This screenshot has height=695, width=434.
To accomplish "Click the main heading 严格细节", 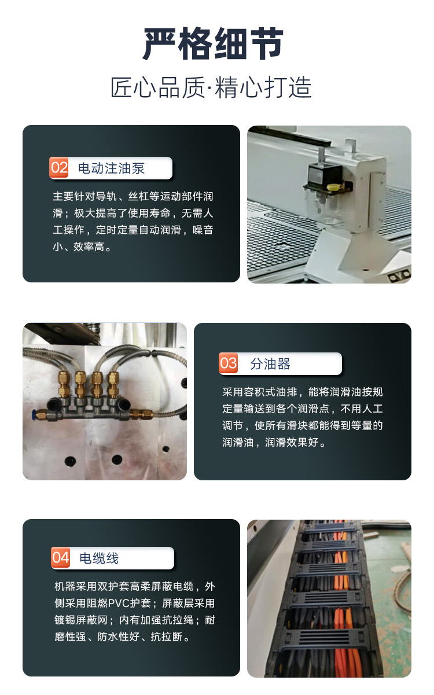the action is (x=213, y=43).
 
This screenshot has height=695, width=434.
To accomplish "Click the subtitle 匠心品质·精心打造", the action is (x=211, y=87).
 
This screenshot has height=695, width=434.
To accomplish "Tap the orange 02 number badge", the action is (x=59, y=168).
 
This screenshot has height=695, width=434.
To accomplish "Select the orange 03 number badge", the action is (x=229, y=363).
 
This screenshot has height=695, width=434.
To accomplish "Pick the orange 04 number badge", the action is (x=61, y=557).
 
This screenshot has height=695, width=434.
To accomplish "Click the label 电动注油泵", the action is (x=111, y=168).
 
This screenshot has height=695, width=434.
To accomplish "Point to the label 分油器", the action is (x=270, y=363).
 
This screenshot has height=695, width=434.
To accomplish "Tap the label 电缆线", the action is (x=100, y=558).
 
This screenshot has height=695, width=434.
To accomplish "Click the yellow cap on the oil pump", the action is (x=334, y=187).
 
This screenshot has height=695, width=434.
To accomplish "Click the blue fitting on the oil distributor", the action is (x=34, y=414).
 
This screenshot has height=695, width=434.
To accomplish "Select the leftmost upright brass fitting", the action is (x=64, y=384).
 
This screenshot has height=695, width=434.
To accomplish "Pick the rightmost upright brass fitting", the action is (x=113, y=384).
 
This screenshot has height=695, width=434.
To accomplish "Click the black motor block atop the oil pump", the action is (x=325, y=175).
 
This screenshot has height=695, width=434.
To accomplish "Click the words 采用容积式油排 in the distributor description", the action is (x=260, y=392).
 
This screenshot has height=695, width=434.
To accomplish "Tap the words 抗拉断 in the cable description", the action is (x=167, y=637).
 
